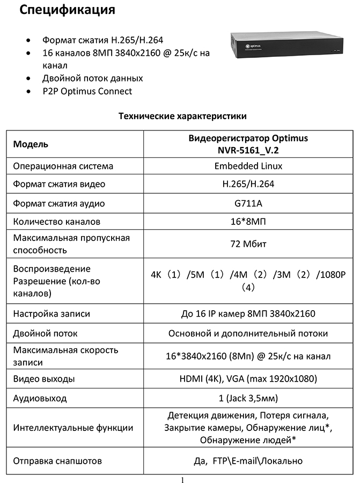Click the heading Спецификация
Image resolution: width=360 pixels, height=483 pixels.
pos(68,11)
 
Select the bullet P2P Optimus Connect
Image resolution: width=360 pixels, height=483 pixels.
pos(87,91)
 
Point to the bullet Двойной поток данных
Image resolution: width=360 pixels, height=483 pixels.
pos(92,78)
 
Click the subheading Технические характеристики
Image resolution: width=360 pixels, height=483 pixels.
pos(182,115)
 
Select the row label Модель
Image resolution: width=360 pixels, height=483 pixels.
pos(31,144)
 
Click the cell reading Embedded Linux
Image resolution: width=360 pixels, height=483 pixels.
pos(248,166)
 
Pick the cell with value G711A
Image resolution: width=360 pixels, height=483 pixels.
pos(248,203)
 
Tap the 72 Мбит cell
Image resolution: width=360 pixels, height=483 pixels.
pos(248,244)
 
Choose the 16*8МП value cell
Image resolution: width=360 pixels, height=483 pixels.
pos(248,221)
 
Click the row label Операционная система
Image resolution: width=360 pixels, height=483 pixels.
pos(63,166)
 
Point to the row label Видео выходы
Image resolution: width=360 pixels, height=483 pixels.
pos(44,379)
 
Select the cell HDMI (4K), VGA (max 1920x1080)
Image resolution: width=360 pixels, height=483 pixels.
pos(248,379)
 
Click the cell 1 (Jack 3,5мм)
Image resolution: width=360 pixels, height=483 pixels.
pos(248,398)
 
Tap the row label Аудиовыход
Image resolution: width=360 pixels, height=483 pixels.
pos(40,398)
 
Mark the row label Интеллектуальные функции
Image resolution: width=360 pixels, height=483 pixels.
pos(73,428)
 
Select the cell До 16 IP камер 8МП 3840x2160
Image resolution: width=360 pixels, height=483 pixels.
pos(248,314)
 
